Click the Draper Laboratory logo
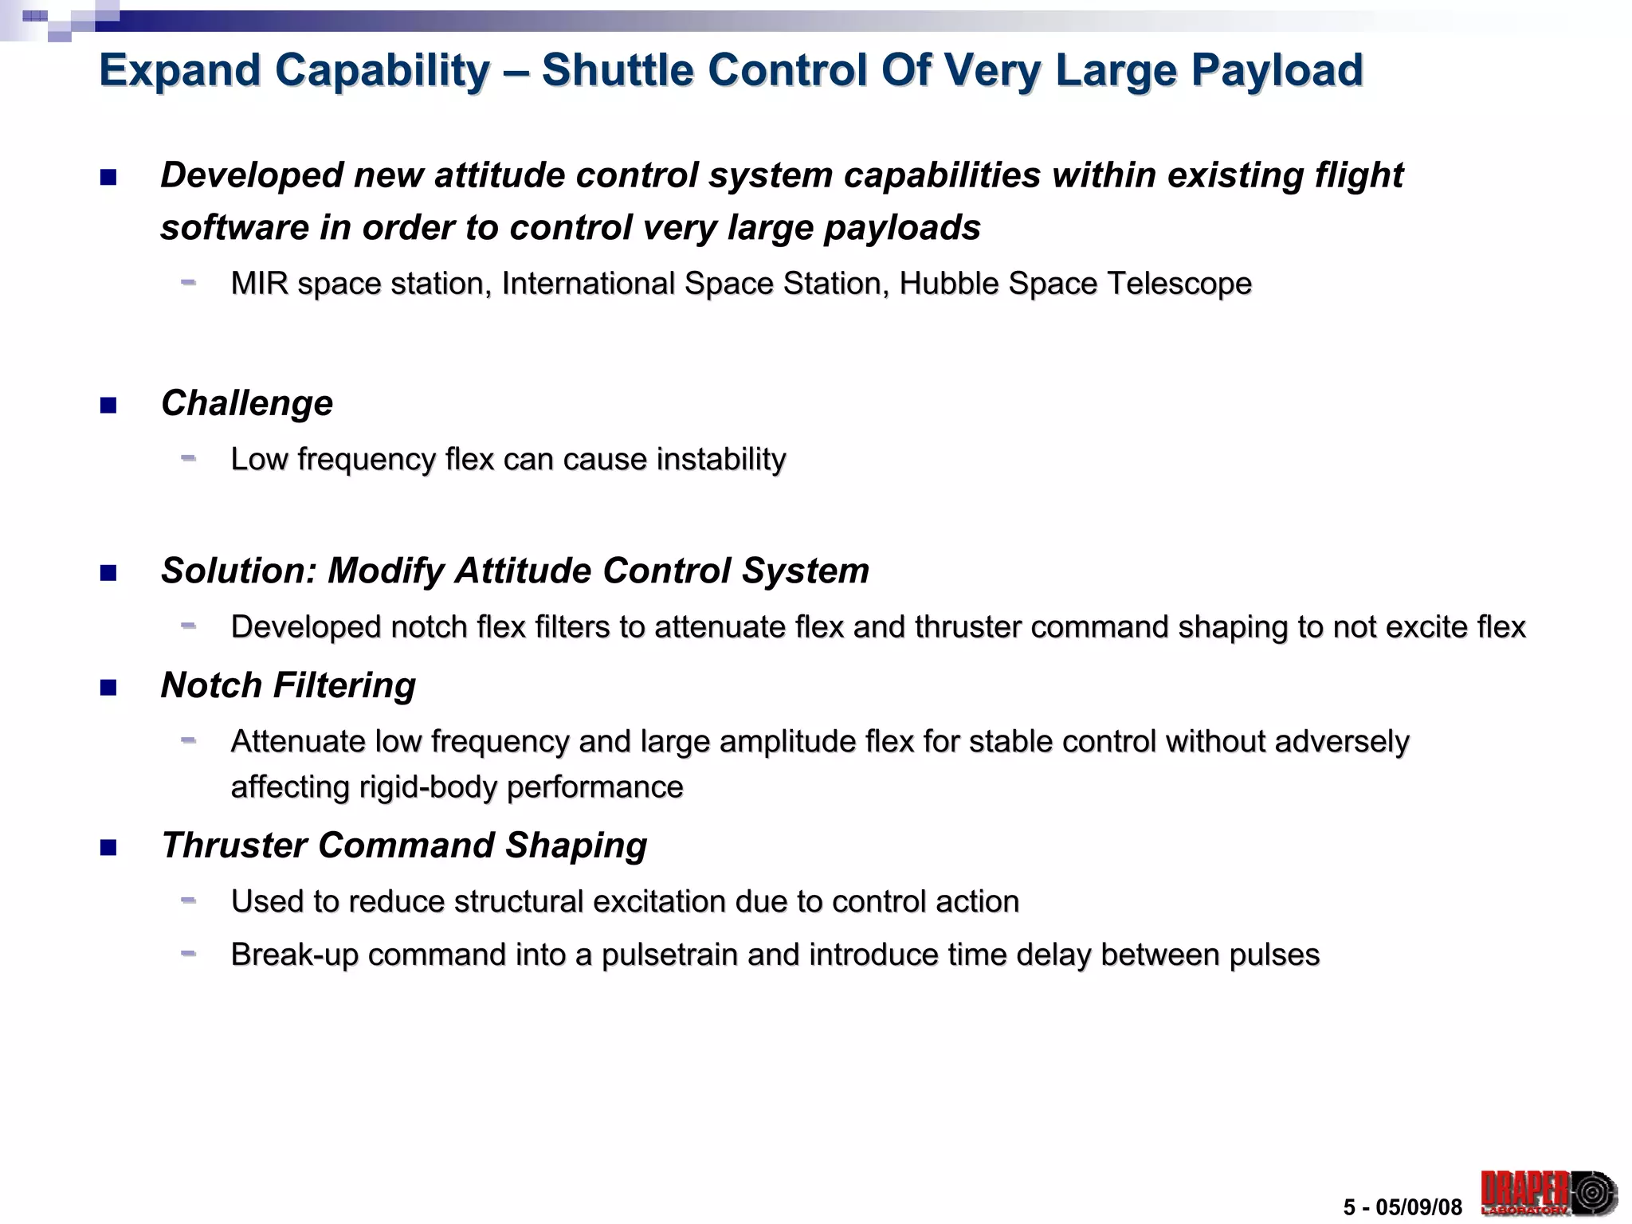tap(1548, 1193)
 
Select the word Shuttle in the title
tap(618, 70)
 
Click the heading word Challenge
tap(247, 403)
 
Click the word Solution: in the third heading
tap(239, 571)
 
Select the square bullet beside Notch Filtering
tap(108, 687)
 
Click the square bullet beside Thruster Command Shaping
tap(108, 847)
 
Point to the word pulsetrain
tap(669, 955)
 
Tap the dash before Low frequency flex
tap(188, 458)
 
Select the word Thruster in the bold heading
tap(233, 845)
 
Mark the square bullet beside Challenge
tap(108, 406)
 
